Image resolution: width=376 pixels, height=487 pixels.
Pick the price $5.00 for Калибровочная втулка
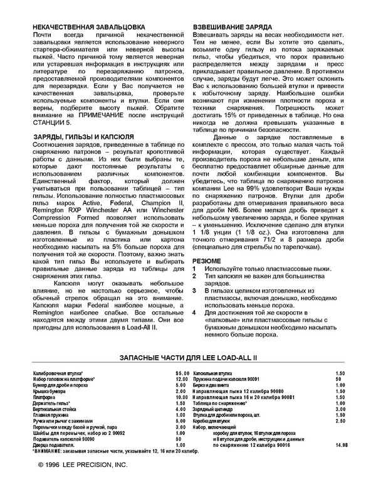click(x=182, y=373)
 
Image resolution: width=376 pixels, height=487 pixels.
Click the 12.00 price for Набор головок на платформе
click(x=182, y=380)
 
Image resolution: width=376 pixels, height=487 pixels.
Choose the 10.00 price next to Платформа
click(x=182, y=397)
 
